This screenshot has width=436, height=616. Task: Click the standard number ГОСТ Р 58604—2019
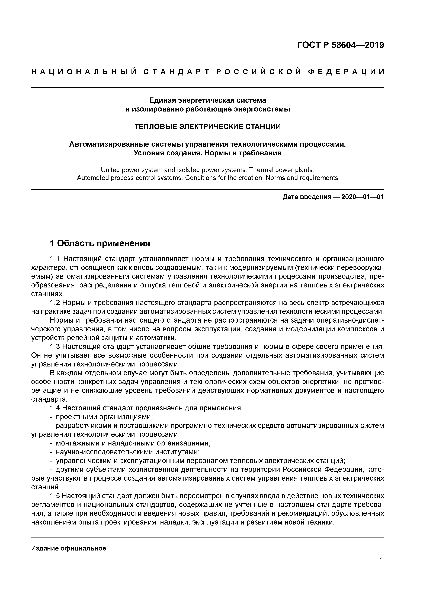[x=341, y=45]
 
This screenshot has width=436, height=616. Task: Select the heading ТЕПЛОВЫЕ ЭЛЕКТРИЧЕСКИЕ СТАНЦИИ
[x=207, y=126]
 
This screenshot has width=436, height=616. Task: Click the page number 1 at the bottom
[x=382, y=560]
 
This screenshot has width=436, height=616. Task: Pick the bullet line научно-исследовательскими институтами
[x=128, y=452]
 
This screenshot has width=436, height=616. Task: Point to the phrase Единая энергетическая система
[x=207, y=100]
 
